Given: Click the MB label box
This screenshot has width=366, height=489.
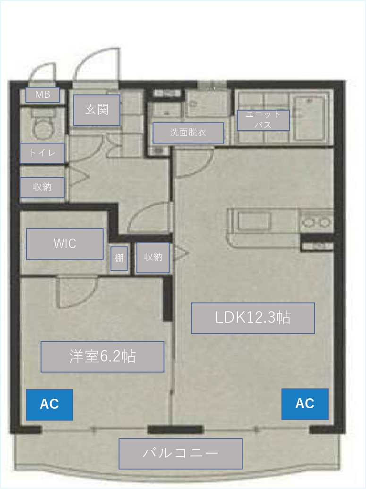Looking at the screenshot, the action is tap(43, 94).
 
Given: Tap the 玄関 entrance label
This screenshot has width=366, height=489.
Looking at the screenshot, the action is tap(97, 110).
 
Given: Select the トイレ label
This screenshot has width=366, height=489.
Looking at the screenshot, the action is tap(42, 153).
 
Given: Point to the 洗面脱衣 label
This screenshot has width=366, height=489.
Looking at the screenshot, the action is tap(188, 133).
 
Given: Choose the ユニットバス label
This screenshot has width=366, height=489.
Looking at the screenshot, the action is tap(263, 120).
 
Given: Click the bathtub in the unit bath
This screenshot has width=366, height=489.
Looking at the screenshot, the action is tap(310, 118).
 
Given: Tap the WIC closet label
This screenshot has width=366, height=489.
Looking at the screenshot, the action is tap(65, 244).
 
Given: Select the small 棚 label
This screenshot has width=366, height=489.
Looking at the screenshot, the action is tap(119, 258).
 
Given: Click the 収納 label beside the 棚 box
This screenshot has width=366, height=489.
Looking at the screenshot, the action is tap(153, 257).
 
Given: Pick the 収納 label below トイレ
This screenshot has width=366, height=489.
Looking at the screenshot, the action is tap(42, 187).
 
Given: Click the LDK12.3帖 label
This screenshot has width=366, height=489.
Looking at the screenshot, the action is tap(253, 318).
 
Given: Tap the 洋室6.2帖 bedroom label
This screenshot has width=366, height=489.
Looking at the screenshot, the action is tap(102, 356).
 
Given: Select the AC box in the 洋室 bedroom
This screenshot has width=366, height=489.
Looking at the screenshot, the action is tap(49, 404).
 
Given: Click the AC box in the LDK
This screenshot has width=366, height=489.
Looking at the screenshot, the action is tap(305, 404).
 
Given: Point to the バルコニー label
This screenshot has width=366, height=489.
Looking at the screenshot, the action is tap(180, 454).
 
